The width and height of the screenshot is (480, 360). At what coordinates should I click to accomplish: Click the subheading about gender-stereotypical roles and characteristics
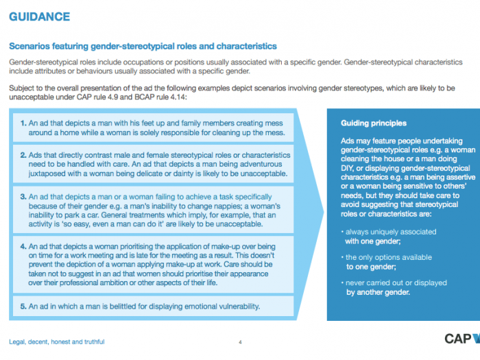pos(142,47)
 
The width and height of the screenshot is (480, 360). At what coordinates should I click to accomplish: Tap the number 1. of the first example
pos(23,123)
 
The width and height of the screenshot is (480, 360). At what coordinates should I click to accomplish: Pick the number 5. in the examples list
pos(23,305)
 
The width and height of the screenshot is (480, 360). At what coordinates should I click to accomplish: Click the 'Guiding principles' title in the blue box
pos(373,123)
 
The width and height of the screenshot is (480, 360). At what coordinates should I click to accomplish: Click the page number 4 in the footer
pos(240,341)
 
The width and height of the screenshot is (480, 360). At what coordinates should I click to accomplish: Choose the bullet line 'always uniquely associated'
pos(385,232)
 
